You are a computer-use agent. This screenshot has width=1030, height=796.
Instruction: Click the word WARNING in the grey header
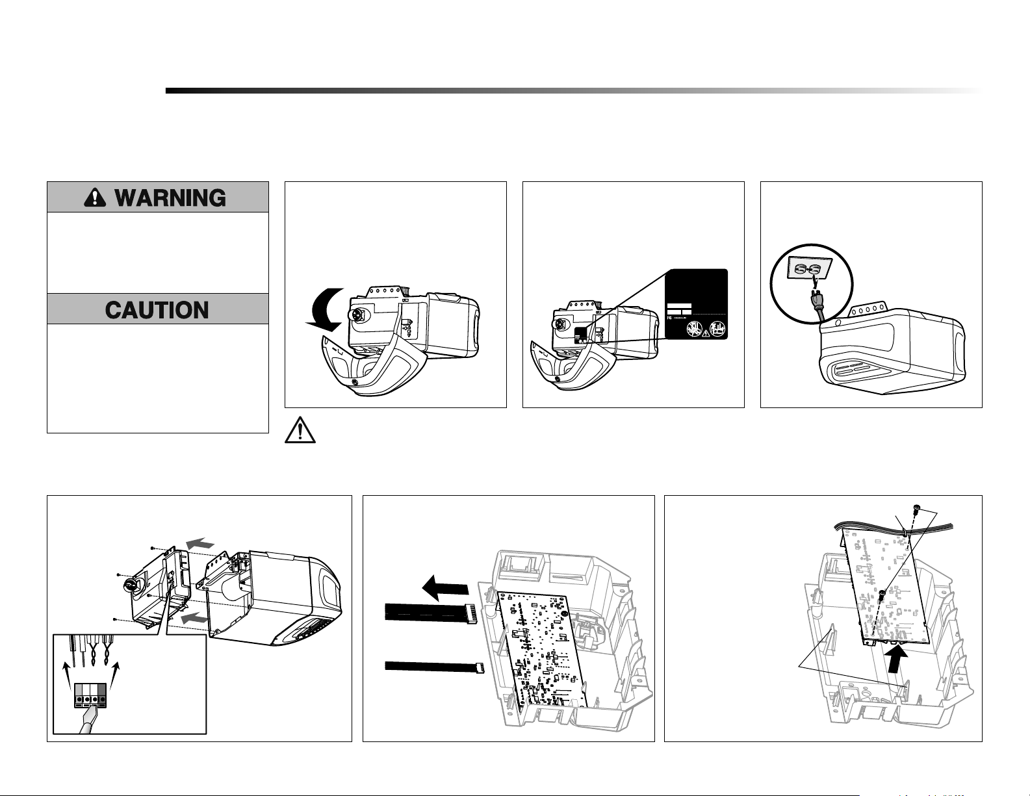pyautogui.click(x=170, y=198)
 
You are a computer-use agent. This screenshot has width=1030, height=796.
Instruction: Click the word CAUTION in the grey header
pyautogui.click(x=157, y=309)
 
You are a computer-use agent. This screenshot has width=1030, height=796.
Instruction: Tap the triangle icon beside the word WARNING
pyautogui.click(x=95, y=198)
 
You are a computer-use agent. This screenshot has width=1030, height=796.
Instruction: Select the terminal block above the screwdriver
pyautogui.click(x=90, y=695)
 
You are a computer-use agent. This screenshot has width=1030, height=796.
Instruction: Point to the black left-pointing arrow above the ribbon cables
pyautogui.click(x=444, y=589)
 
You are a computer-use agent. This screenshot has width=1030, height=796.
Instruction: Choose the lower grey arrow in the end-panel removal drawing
pyautogui.click(x=195, y=620)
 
